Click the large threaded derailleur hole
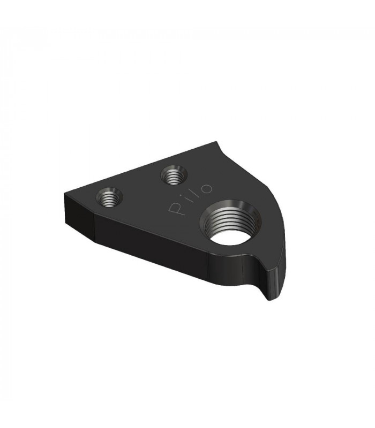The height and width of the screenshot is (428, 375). tap(231, 223)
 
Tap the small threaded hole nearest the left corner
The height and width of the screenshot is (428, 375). tap(109, 197)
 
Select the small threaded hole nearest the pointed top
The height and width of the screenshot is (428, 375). tap(174, 175)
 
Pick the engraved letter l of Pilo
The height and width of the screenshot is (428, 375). tap(197, 193)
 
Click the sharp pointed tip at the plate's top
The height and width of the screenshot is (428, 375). tap(217, 141)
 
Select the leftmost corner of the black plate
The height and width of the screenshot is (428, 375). tap(65, 194)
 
